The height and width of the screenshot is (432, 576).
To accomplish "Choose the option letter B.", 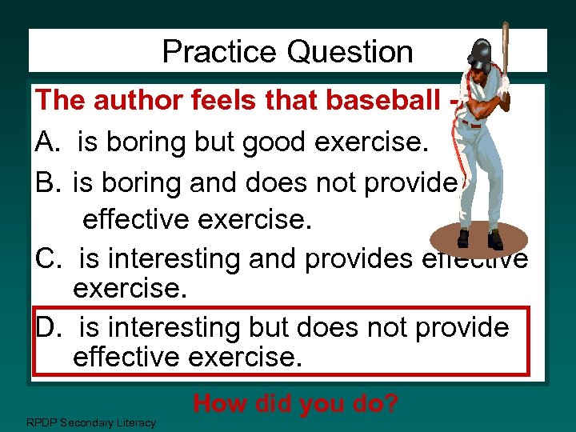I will [46, 183].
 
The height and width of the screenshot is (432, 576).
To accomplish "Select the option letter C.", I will [46, 259].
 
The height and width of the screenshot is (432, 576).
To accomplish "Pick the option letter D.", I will [46, 328].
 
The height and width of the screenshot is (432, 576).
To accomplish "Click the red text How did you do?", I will [295, 403].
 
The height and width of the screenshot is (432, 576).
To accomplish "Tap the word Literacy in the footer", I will [135, 422].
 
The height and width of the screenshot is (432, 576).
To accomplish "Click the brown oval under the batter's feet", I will [479, 238].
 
